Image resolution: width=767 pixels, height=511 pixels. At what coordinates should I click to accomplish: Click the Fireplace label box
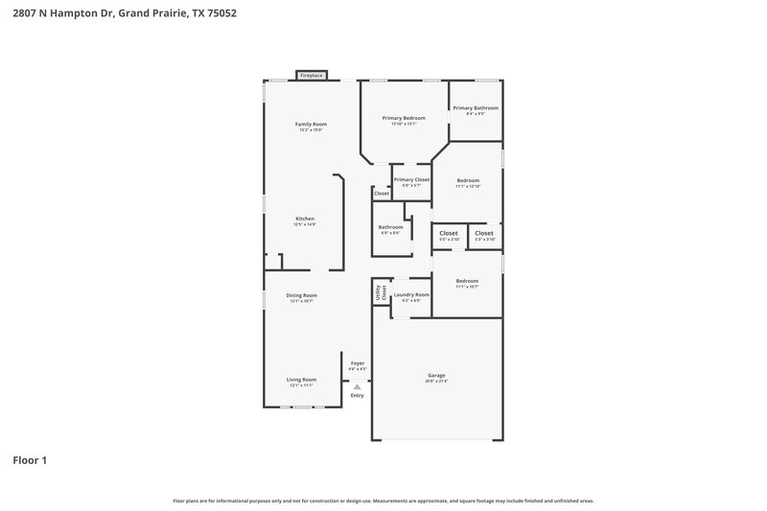(x=312, y=75)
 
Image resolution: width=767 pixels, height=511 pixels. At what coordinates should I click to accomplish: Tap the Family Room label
(x=311, y=125)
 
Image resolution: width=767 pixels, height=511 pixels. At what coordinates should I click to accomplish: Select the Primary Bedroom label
(x=403, y=118)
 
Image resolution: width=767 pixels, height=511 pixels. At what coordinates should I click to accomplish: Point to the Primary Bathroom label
(x=476, y=108)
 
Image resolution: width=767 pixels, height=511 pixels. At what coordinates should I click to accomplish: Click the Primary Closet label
(x=411, y=180)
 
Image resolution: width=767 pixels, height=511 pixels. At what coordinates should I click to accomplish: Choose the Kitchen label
(x=305, y=220)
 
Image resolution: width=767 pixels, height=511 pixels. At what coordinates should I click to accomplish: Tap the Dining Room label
(x=303, y=295)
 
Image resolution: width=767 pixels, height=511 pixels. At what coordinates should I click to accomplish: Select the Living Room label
(x=301, y=380)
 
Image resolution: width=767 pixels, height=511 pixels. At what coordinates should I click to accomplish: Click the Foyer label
(x=357, y=363)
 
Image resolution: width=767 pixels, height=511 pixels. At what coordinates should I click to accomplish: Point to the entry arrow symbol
(x=357, y=386)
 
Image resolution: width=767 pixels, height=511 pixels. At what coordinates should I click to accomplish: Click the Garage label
(x=436, y=375)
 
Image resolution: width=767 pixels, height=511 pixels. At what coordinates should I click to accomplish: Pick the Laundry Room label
(x=411, y=295)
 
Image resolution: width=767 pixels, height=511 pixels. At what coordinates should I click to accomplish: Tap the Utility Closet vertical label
(x=381, y=293)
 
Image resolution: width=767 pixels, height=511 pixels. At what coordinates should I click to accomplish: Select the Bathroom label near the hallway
(x=390, y=227)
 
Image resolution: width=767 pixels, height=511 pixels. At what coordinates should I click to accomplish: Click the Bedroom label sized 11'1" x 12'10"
(x=468, y=180)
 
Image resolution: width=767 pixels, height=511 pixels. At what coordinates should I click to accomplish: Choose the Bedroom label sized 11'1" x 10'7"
(x=467, y=281)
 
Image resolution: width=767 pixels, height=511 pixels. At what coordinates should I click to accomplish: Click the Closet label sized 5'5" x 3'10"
(x=449, y=233)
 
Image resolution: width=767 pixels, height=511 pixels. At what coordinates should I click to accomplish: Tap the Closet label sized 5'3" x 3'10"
(x=484, y=233)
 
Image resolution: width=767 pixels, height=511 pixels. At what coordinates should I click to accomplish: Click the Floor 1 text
(x=30, y=460)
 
